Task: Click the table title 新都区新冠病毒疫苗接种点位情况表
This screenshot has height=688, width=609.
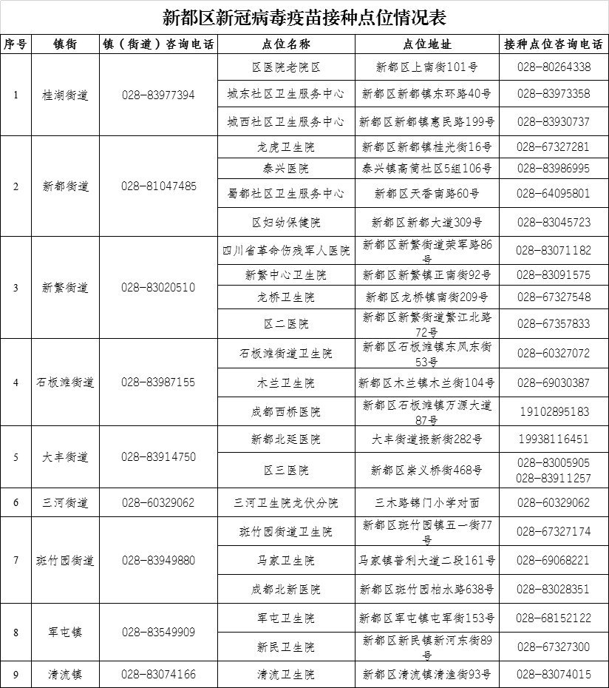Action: click(304, 16)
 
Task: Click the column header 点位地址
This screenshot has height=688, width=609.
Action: click(428, 44)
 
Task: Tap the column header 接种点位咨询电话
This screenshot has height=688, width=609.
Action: click(553, 44)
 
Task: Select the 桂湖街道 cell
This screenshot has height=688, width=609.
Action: click(65, 95)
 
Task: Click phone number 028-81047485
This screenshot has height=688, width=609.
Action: click(159, 186)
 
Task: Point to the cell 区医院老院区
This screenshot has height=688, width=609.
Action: click(286, 67)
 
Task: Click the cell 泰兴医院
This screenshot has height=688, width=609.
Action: click(286, 169)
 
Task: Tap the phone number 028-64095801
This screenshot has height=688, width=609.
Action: click(553, 194)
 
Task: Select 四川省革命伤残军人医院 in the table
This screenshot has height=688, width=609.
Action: click(286, 251)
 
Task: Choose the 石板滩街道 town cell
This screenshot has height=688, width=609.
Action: click(65, 382)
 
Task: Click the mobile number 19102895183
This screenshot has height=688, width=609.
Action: click(553, 411)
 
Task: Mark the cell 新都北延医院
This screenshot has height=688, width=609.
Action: click(286, 439)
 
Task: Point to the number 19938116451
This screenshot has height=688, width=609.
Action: click(553, 439)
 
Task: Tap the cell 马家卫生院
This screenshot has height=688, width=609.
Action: click(286, 561)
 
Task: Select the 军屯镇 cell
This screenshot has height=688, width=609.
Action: click(65, 633)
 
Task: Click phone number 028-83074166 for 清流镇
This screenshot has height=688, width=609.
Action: click(159, 675)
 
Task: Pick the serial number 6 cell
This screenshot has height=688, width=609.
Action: click(16, 503)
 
